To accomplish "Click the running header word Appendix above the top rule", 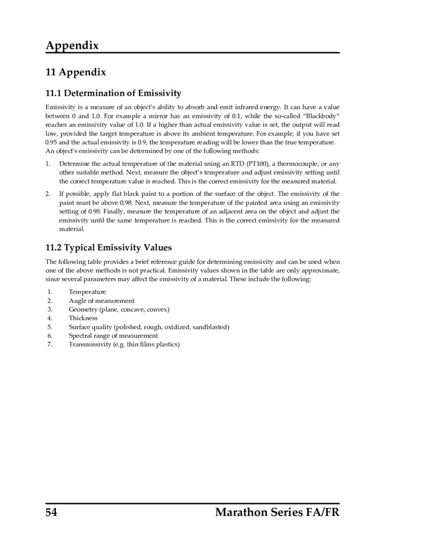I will (x=72, y=46).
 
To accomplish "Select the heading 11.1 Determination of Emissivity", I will (x=113, y=93).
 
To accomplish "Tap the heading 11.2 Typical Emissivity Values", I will (x=108, y=247).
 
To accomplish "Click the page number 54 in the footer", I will (x=51, y=512).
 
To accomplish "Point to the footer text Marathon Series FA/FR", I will (x=277, y=512).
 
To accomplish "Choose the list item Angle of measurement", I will (x=101, y=300).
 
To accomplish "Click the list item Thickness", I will (x=83, y=318).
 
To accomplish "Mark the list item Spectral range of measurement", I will (x=113, y=336).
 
